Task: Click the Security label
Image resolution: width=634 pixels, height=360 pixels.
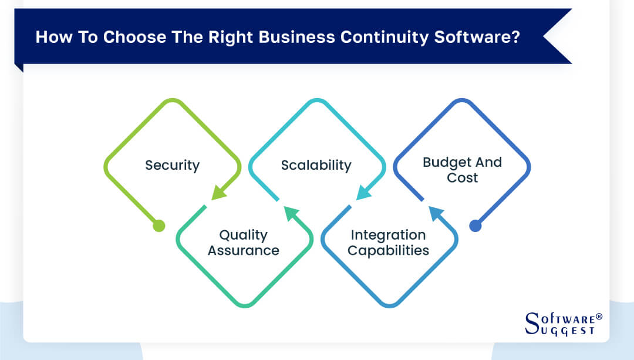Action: tap(172, 165)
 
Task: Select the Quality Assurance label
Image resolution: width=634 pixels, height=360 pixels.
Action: tap(243, 243)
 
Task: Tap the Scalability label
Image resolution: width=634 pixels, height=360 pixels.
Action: tap(316, 165)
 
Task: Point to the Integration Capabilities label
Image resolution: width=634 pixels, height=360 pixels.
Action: tap(388, 243)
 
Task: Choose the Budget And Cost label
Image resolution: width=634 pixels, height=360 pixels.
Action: tap(462, 170)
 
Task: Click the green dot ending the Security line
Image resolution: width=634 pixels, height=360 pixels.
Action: tap(158, 226)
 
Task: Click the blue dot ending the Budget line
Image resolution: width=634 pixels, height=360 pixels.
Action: tap(475, 226)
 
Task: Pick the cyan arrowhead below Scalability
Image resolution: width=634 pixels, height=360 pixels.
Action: tap(363, 192)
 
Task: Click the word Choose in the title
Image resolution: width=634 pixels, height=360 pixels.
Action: tap(131, 37)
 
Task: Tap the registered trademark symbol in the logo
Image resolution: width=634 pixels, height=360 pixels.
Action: tap(599, 317)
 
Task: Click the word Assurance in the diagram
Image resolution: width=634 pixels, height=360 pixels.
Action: tap(243, 251)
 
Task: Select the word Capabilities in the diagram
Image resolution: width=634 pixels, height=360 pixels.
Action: tap(388, 251)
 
